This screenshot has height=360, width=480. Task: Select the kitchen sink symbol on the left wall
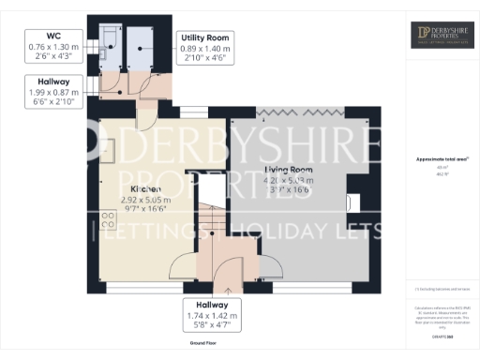(x=108, y=149)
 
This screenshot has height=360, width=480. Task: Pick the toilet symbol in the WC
(x=109, y=37)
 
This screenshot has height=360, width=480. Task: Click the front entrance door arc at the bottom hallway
(x=226, y=273)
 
